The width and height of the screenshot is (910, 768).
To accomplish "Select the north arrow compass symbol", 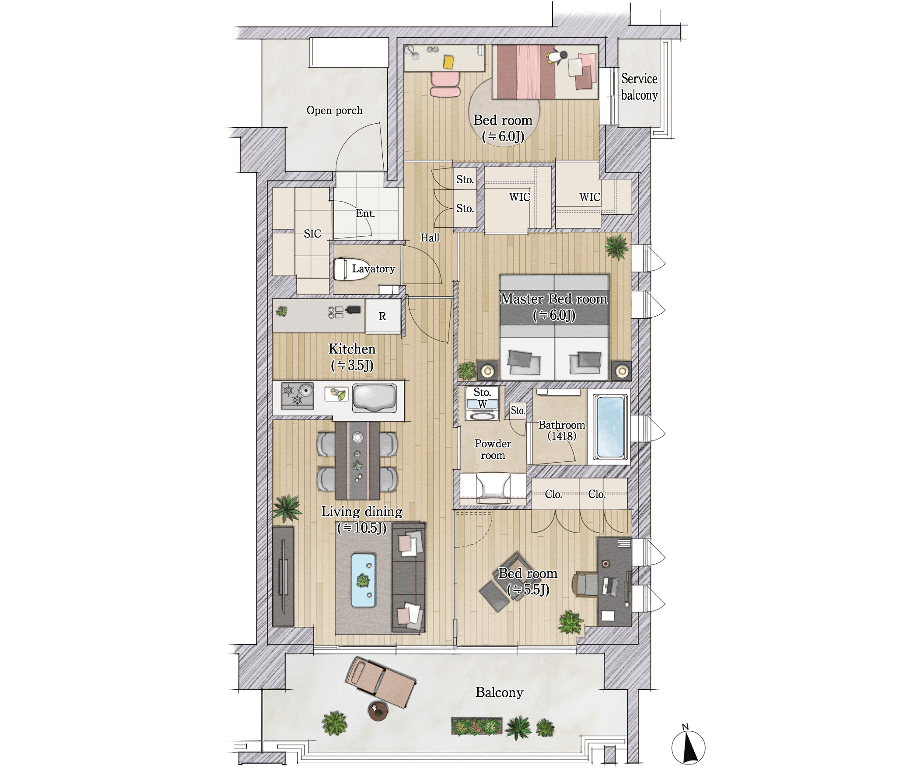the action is (688, 747).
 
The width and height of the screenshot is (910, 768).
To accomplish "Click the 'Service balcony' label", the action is (639, 87).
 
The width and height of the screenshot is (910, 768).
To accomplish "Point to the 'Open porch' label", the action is (334, 110).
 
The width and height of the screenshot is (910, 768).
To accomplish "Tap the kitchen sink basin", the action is (374, 398).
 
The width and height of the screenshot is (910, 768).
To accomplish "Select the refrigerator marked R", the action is (383, 316).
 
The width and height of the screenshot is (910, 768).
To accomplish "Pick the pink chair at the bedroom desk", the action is (445, 84).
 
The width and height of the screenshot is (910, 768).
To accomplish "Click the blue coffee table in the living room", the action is (363, 580).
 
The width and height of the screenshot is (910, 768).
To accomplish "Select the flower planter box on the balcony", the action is (476, 726).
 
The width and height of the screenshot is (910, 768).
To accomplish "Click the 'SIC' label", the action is (312, 234).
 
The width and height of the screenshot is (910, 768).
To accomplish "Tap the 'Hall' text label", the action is (430, 237).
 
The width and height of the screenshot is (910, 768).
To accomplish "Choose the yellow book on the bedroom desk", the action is (448, 62).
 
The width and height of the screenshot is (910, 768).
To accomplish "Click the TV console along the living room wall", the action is (283, 576).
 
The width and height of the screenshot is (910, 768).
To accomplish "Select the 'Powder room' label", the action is (493, 449).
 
